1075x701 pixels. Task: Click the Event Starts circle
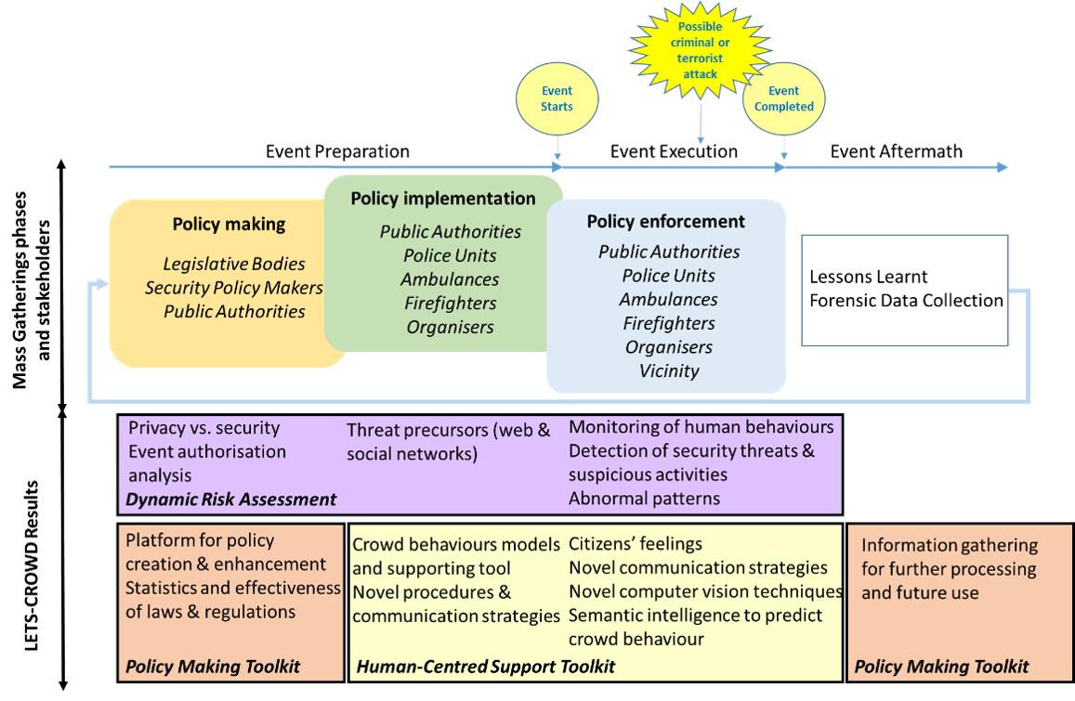click(557, 98)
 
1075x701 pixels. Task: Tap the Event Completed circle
click(783, 98)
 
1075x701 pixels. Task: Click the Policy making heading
click(229, 224)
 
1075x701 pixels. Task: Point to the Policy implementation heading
click(442, 199)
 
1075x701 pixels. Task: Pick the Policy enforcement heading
click(665, 222)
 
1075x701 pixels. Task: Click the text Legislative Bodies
click(234, 264)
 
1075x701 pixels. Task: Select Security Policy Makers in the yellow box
click(234, 288)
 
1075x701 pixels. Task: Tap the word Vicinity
click(669, 370)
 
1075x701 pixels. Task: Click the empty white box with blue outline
click(905, 290)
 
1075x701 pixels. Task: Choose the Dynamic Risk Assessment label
click(231, 500)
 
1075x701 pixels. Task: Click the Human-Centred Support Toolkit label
click(485, 666)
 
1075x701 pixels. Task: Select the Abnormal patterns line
click(644, 499)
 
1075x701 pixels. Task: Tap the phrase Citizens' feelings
click(636, 544)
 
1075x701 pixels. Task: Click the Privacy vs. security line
click(203, 428)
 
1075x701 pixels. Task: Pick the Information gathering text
click(949, 546)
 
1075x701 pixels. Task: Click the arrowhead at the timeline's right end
click(1003, 167)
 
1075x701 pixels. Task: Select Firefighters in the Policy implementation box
click(450, 304)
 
